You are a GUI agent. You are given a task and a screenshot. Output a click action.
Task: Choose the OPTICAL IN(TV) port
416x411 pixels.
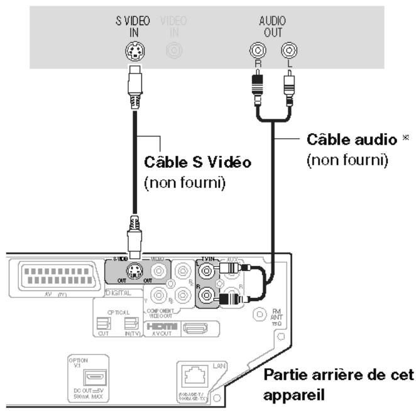point(131,324)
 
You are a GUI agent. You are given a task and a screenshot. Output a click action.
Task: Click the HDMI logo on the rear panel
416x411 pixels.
point(161,327)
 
